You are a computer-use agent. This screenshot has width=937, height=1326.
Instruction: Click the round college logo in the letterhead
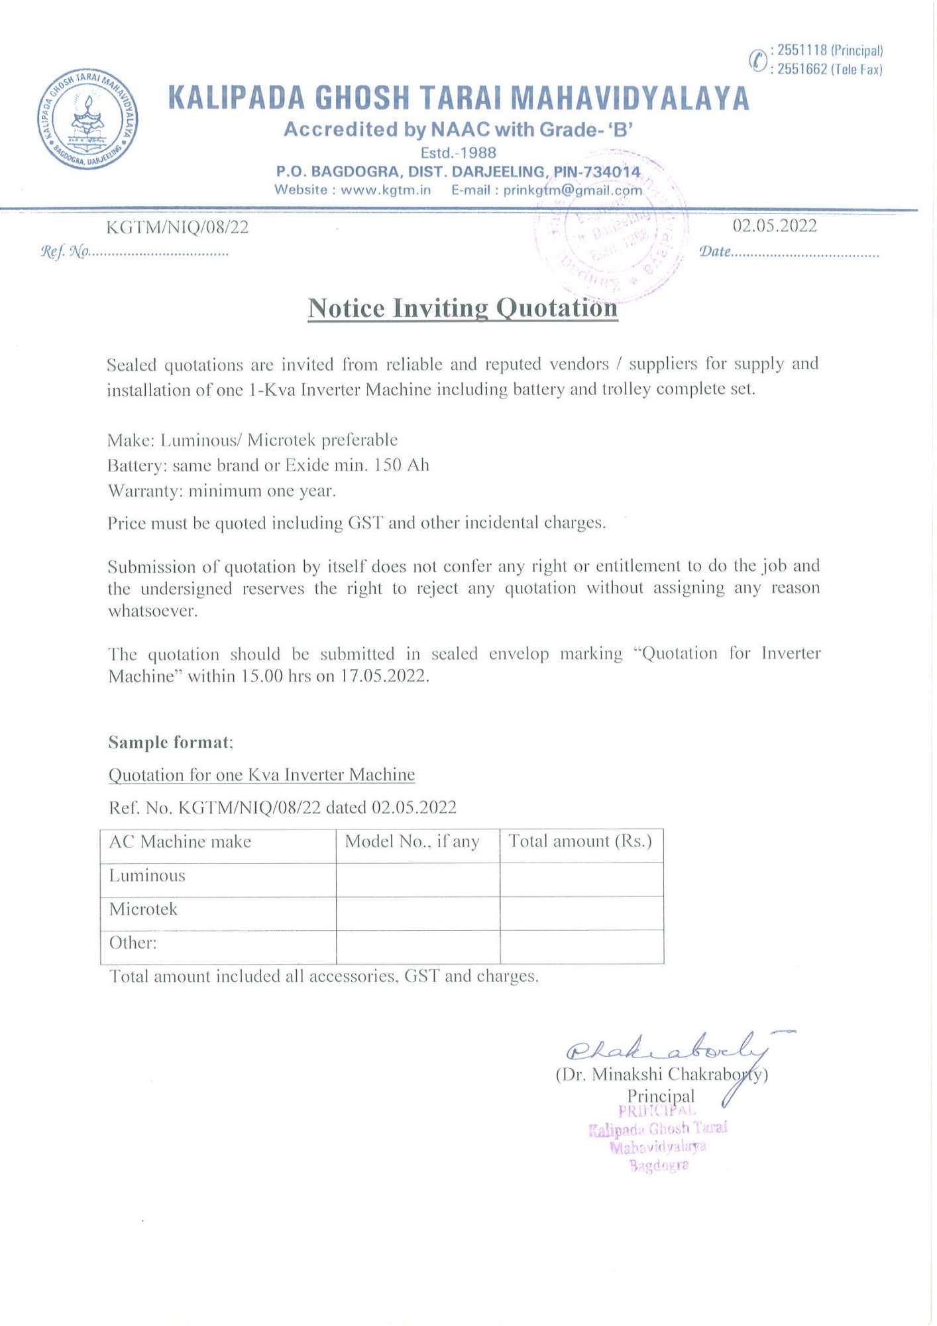point(88,119)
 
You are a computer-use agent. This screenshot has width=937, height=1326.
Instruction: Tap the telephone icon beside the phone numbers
point(757,60)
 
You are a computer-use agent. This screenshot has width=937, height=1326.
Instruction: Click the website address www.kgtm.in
point(386,190)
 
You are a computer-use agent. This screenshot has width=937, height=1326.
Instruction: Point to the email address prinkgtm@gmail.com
point(573,190)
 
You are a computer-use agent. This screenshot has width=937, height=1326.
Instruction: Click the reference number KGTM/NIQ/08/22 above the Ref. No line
point(178,227)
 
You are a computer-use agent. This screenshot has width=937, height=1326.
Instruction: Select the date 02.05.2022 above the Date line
point(774,226)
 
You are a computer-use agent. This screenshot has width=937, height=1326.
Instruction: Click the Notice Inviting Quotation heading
point(463,308)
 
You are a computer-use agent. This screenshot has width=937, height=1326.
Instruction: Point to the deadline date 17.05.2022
point(384,676)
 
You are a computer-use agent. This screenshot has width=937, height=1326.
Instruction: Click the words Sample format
point(170,742)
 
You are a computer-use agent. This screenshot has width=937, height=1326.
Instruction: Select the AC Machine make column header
point(180,842)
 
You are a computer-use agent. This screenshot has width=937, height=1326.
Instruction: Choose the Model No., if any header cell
point(412,842)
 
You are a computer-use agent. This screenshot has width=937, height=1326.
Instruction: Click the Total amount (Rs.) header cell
point(580,841)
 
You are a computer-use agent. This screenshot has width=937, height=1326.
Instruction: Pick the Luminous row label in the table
point(147,876)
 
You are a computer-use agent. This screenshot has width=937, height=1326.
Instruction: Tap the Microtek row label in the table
point(143,909)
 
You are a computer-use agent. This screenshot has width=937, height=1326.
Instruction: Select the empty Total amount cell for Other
point(581,946)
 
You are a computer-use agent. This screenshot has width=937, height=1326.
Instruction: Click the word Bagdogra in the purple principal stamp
point(659,1166)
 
